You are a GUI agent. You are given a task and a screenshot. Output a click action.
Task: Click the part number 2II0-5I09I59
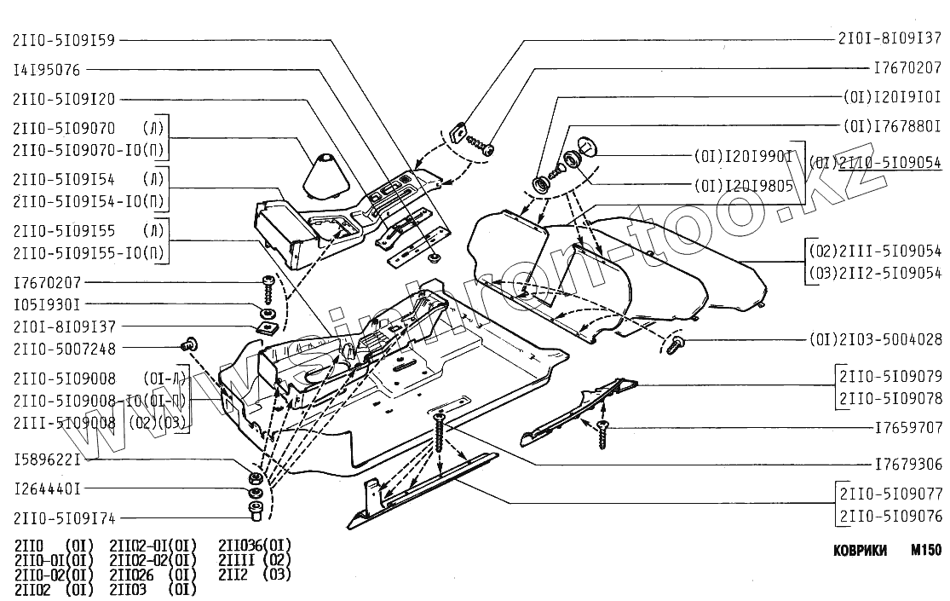pos(64,40)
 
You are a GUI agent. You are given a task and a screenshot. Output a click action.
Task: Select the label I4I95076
pos(47,70)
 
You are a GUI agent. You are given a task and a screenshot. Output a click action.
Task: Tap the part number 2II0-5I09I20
pos(64,99)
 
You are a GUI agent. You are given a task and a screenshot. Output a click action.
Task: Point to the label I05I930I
pos(47,303)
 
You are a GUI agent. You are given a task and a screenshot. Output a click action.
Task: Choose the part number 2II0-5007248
pos(64,349)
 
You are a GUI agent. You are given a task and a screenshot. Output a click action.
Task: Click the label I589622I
pos(47,460)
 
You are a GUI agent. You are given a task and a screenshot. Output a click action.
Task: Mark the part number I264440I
pos(47,489)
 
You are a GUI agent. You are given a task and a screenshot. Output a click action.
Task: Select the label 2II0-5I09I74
pos(64,517)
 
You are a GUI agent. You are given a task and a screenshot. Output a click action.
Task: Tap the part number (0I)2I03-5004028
pos(875,339)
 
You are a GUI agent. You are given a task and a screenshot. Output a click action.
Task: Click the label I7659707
pos(908,428)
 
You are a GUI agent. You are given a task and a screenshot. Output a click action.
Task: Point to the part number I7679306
pos(908,465)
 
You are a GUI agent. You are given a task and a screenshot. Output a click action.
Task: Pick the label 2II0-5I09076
pos(890,515)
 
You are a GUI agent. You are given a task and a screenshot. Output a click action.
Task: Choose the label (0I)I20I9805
pos(744,184)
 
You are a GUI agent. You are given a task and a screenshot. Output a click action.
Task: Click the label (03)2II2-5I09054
pos(875,273)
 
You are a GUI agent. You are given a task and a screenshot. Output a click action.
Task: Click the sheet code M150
pos(925,552)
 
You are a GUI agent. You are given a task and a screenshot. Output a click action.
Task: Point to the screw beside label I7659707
pos(604,433)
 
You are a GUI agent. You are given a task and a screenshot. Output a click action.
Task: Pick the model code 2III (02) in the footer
pos(255,559)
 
